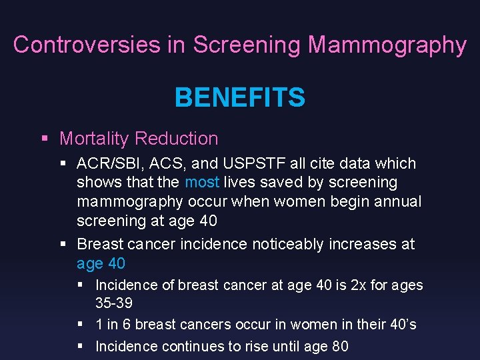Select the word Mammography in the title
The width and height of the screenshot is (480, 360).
[387, 45]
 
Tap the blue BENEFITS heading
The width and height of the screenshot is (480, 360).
[239, 98]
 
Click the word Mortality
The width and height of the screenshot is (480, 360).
[94, 139]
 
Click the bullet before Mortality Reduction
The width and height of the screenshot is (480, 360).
[45, 139]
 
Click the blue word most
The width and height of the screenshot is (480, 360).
[202, 182]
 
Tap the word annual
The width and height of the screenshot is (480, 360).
[397, 201]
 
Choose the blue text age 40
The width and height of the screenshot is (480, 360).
[101, 263]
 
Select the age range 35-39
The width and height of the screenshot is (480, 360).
[114, 303]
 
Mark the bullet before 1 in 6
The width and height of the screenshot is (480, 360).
[80, 324]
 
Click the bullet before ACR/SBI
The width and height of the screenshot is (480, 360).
[63, 163]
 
